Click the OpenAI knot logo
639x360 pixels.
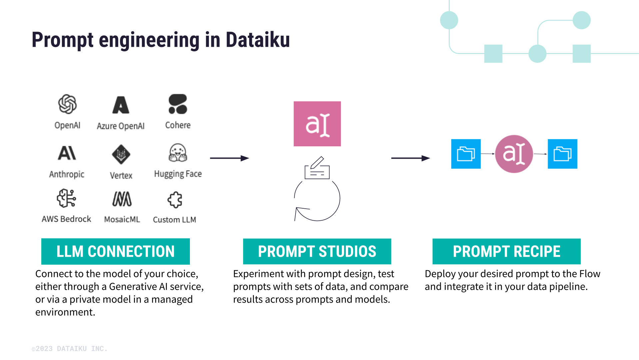(67, 104)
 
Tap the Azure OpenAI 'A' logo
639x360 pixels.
(121, 105)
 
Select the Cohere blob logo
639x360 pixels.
(178, 104)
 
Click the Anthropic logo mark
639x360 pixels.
(67, 153)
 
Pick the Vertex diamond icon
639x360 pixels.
(121, 154)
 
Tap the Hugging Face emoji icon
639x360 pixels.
(178, 153)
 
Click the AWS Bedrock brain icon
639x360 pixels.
(66, 198)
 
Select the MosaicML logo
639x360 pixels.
(122, 199)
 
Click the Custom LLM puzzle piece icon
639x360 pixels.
(175, 200)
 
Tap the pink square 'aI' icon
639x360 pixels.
(317, 124)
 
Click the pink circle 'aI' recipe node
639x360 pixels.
(514, 154)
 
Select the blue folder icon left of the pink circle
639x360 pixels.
(466, 154)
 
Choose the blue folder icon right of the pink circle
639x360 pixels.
(562, 154)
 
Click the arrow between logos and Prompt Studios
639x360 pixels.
(230, 158)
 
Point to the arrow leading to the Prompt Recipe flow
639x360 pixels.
(410, 158)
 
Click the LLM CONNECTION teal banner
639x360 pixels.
(115, 251)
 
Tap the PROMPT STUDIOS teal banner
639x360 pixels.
(317, 251)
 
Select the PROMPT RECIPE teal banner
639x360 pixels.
(506, 251)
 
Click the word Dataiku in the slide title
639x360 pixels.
(258, 40)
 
